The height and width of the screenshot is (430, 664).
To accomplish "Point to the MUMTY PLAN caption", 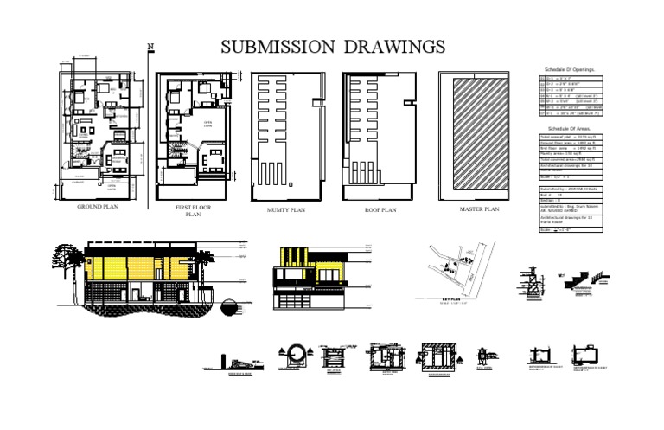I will (286, 209).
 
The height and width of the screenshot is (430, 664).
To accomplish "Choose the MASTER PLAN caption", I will (480, 209).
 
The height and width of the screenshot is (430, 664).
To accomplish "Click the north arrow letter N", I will (150, 47).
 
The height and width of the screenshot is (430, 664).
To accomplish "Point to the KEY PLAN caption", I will (453, 298).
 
